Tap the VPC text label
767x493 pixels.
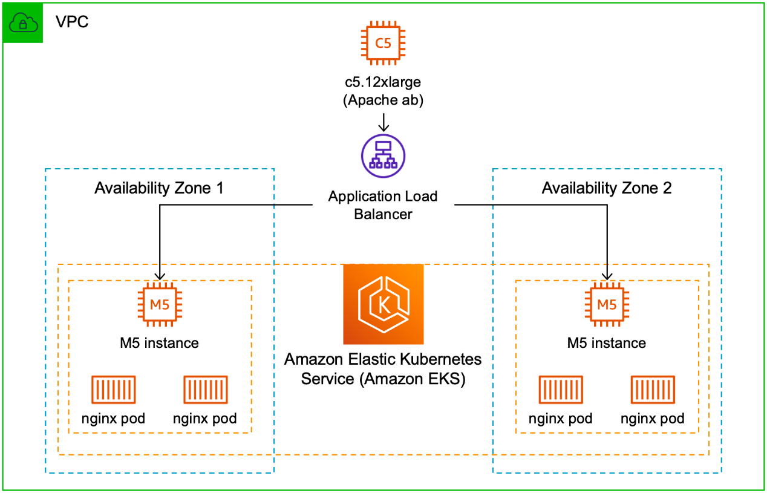tap(72, 22)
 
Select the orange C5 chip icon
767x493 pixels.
tap(383, 43)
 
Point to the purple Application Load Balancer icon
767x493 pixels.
tap(383, 156)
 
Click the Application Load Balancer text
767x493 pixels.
tap(383, 205)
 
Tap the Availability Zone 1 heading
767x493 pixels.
tap(159, 188)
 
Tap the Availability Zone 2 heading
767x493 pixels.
tap(607, 188)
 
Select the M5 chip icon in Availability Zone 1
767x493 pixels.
tap(159, 304)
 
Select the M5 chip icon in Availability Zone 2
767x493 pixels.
tap(607, 304)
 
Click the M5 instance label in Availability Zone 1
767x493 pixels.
tap(159, 343)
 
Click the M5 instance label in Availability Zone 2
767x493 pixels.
tap(607, 343)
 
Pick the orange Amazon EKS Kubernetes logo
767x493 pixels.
tap(383, 304)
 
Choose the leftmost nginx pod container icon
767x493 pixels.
tap(113, 390)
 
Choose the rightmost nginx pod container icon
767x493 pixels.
tap(653, 390)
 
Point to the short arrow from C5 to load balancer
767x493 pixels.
tap(383, 123)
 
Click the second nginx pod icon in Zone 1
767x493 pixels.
tap(205, 390)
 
